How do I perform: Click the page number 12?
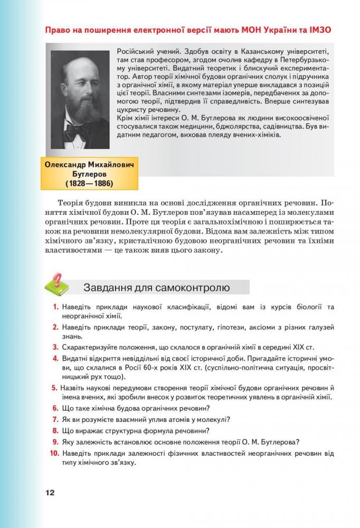coord(50,493)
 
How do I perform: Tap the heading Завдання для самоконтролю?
coord(156,288)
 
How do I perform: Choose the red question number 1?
coord(55,307)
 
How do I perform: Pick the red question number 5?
coord(55,388)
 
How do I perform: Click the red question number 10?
coord(53,453)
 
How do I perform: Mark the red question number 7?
coord(55,420)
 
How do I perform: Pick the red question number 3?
coord(55,347)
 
